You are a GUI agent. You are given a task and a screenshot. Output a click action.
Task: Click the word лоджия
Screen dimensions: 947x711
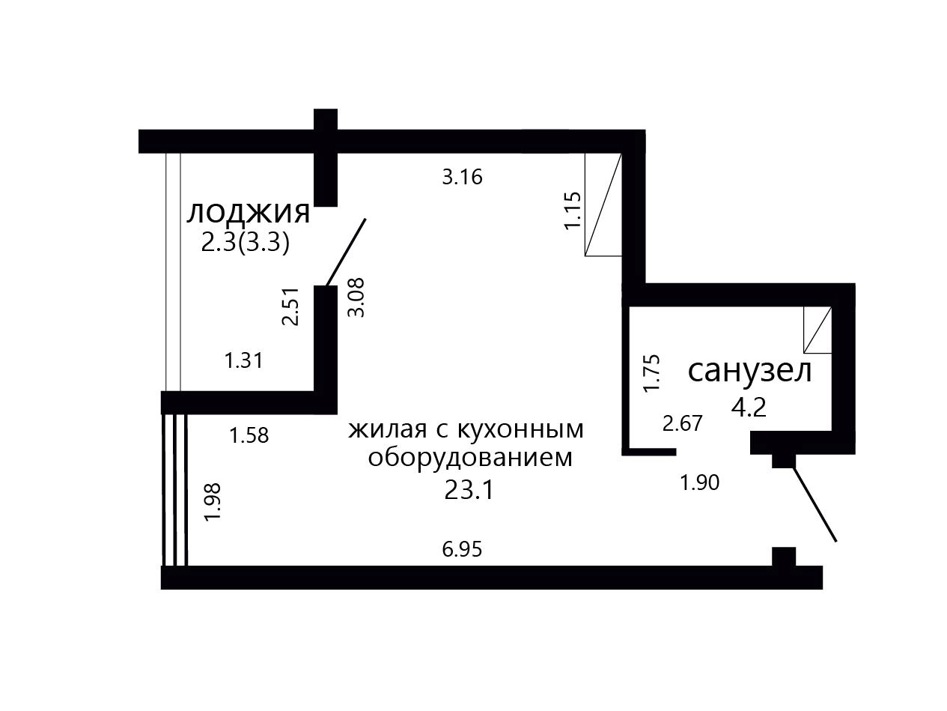[x=248, y=214]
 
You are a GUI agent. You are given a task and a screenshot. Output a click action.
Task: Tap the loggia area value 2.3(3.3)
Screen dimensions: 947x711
[x=245, y=243]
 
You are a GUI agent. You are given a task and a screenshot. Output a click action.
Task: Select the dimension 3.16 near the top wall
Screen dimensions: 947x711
[x=462, y=178]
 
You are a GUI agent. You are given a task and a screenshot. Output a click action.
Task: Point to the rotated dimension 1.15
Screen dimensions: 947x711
[x=573, y=211]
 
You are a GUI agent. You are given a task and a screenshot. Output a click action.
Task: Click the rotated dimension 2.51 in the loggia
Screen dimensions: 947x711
[x=290, y=306]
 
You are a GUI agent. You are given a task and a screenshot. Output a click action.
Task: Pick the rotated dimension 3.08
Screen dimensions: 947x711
[x=356, y=297]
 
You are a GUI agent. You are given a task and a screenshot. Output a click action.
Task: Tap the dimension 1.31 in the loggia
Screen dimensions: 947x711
[x=244, y=360]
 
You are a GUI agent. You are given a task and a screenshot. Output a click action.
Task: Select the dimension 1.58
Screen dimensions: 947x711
[x=249, y=435]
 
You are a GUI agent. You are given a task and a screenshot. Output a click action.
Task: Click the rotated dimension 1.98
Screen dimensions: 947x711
[x=213, y=502]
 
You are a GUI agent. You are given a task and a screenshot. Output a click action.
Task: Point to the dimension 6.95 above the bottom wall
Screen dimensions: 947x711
[x=462, y=550]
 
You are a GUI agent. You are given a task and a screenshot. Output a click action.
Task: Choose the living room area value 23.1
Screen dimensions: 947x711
[x=469, y=491]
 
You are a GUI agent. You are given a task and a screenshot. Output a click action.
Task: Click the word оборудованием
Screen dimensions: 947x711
[x=470, y=458]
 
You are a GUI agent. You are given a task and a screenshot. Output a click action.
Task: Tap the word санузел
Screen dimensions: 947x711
[x=750, y=372]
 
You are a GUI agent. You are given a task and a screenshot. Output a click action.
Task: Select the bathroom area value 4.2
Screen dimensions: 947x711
[x=749, y=407]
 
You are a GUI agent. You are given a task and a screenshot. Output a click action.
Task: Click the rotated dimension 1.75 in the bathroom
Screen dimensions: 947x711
[x=651, y=373]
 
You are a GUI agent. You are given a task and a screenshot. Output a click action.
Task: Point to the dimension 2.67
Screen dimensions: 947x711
[x=683, y=423]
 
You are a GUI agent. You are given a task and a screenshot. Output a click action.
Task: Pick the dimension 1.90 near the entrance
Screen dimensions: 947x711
[x=700, y=482]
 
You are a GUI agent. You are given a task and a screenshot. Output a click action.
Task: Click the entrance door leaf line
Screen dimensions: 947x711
[x=815, y=505]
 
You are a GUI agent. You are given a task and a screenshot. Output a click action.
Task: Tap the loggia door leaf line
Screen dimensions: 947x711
[x=346, y=252]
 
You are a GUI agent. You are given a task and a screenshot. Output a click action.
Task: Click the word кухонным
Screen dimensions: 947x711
[x=520, y=430]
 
